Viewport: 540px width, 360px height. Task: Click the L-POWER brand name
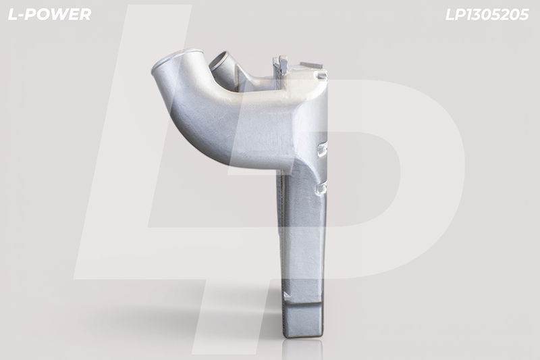pyautogui.click(x=49, y=14)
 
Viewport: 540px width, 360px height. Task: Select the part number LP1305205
pyautogui.click(x=487, y=14)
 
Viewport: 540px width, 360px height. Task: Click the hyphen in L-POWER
pyautogui.click(x=20, y=16)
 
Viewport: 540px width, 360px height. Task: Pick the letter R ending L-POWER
pyautogui.click(x=86, y=14)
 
